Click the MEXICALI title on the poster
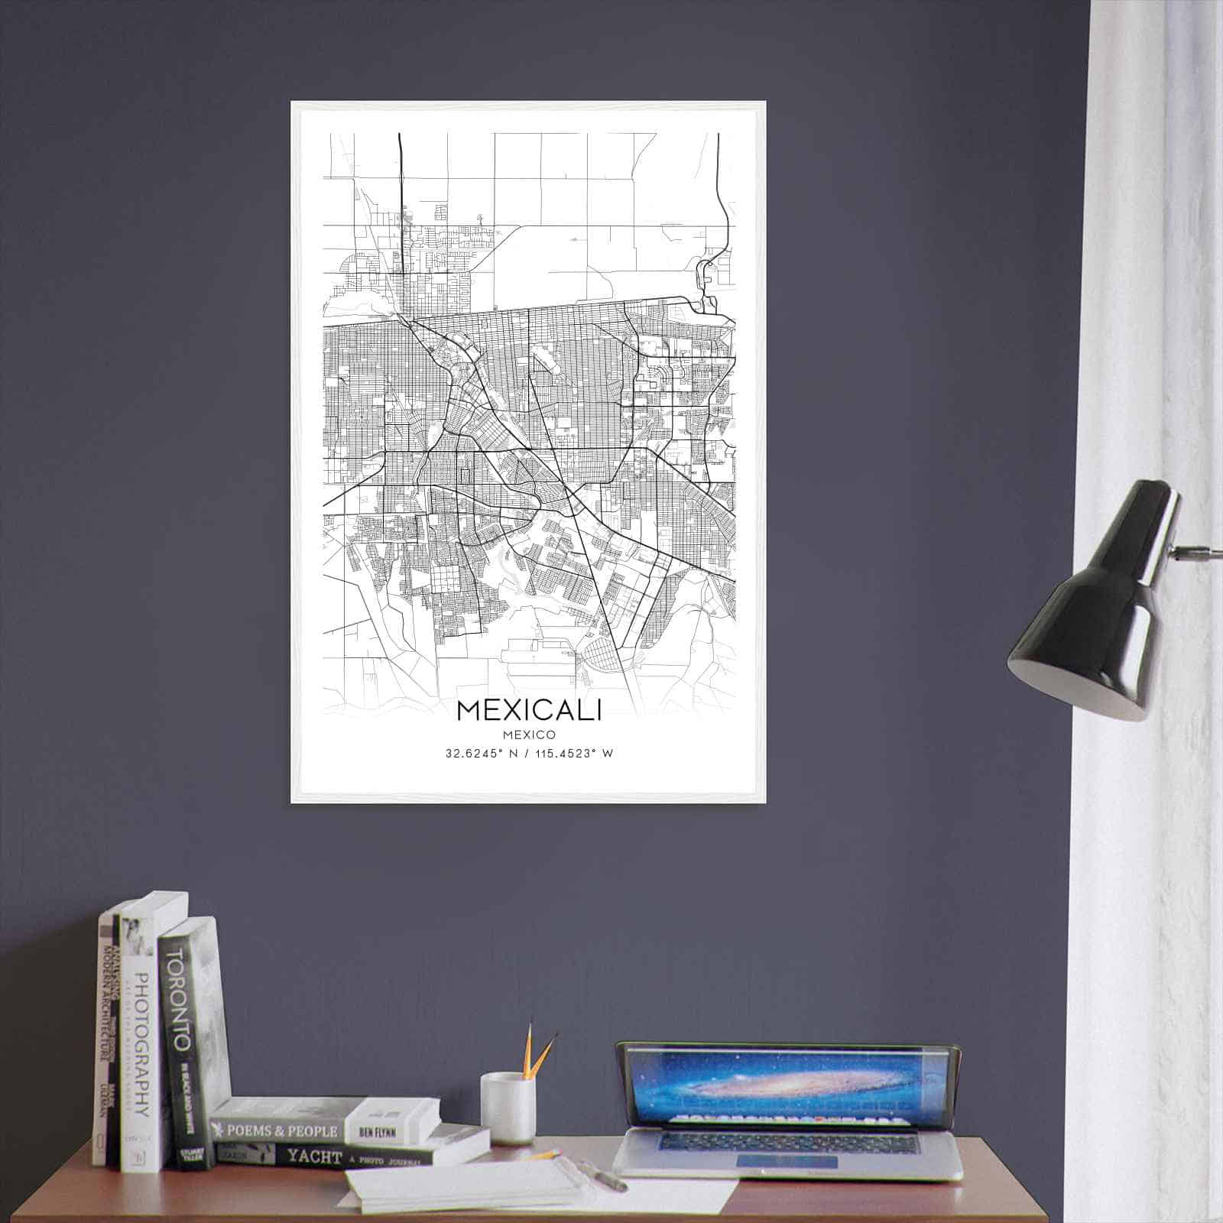529,710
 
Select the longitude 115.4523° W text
573,754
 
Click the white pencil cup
507,1108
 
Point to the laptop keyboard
787,1140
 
